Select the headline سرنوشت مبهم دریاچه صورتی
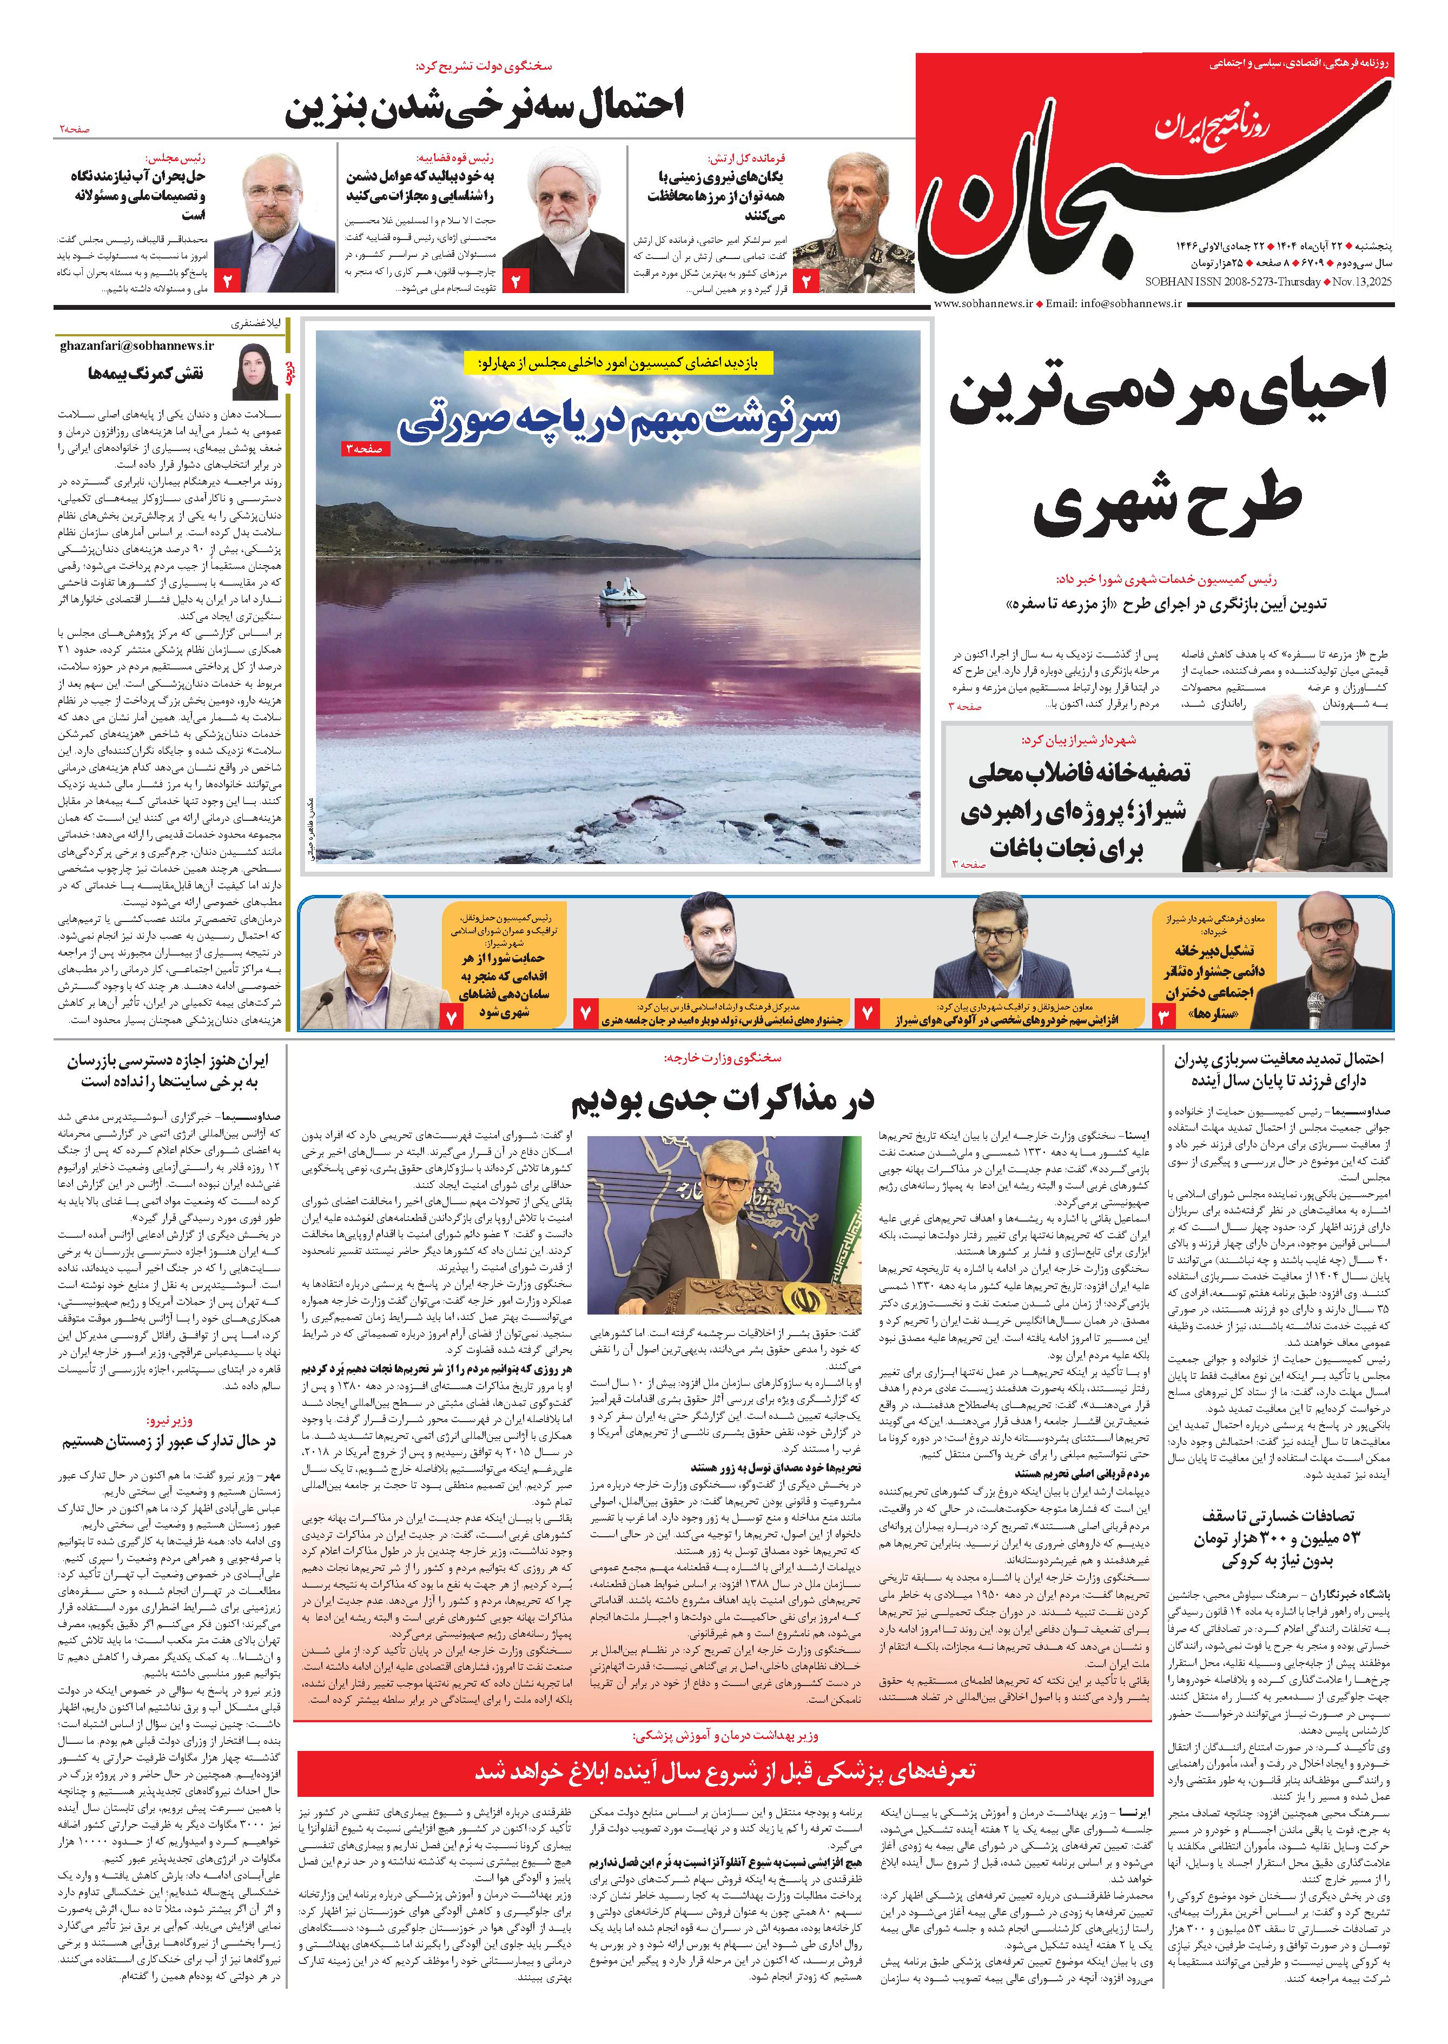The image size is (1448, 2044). coord(618,422)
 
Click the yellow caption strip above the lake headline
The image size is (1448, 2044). coord(618,363)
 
